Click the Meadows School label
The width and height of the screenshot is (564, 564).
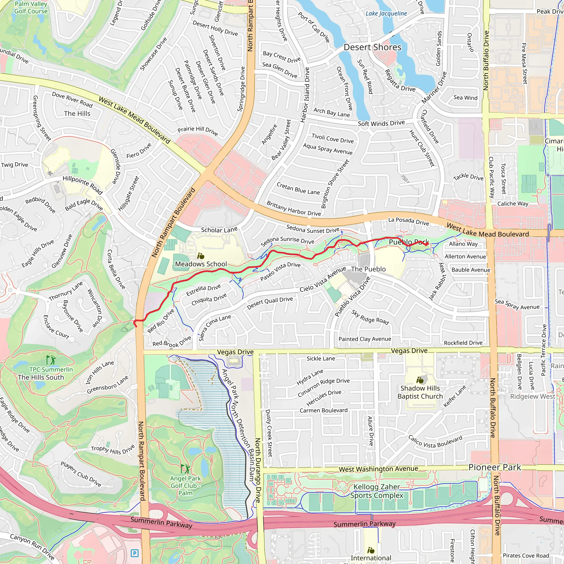(x=201, y=264)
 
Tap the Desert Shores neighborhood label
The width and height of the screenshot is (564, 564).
(x=372, y=47)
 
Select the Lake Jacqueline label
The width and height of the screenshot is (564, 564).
(x=386, y=13)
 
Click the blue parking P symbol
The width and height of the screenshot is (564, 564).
(x=134, y=553)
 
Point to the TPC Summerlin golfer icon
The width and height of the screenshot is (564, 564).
(x=51, y=360)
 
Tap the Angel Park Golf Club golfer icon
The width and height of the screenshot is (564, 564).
(x=185, y=469)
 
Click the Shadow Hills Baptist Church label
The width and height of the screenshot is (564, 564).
(x=420, y=392)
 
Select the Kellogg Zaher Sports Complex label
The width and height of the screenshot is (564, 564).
(x=376, y=491)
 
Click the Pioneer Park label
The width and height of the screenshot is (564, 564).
(x=495, y=467)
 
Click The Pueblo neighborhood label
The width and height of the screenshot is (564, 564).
(x=368, y=269)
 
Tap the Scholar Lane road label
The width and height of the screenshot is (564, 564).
(x=219, y=230)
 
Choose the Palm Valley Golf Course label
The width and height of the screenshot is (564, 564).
(x=31, y=8)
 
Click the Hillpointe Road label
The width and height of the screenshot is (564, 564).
(x=83, y=185)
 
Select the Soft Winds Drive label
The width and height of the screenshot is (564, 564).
(x=381, y=123)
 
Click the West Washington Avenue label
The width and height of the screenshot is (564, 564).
(x=378, y=469)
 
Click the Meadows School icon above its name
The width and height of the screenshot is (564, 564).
(x=200, y=256)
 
